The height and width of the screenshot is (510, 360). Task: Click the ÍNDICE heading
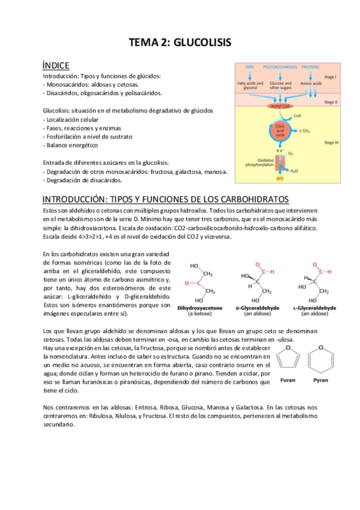(x=56, y=65)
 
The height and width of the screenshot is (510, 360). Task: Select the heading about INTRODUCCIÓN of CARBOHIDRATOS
(x=165, y=199)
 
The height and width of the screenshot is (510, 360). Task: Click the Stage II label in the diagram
(x=330, y=102)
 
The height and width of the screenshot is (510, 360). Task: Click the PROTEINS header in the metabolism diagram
(x=310, y=66)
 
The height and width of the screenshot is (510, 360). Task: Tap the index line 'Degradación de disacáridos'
(x=82, y=180)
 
